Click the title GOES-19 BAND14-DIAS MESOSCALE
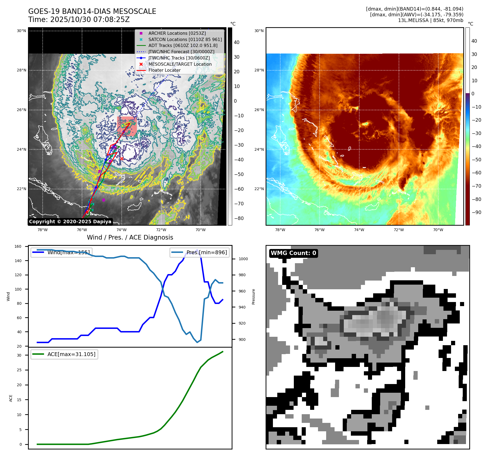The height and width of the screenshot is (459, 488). [x=92, y=11]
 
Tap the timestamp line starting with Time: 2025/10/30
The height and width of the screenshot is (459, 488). [x=79, y=20]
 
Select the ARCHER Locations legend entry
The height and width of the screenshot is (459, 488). [x=177, y=33]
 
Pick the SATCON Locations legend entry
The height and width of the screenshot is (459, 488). [x=185, y=39]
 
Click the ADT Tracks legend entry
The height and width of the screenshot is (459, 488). [x=183, y=45]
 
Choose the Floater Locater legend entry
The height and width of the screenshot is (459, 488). [x=164, y=70]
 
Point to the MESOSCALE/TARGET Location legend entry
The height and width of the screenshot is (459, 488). [x=180, y=64]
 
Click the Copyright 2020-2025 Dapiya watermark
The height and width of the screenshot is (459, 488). [x=70, y=222]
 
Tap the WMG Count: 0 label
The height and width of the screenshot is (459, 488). [x=293, y=253]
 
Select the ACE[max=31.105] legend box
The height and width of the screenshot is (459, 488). [x=64, y=354]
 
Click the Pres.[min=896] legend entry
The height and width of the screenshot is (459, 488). [x=200, y=252]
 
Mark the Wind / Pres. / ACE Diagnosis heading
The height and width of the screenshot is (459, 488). [x=130, y=237]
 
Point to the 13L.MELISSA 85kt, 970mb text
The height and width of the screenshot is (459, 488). [x=430, y=20]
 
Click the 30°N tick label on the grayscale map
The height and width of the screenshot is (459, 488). [x=21, y=31]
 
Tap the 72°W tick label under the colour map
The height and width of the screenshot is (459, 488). [x=398, y=230]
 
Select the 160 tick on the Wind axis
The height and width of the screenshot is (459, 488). [x=18, y=246]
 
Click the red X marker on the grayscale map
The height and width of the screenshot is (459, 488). [x=122, y=159]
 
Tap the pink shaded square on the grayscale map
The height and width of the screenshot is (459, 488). [x=127, y=126]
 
